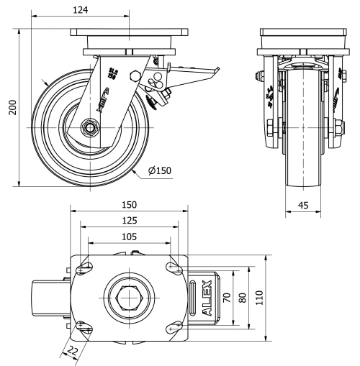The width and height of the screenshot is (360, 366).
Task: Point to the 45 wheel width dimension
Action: [x=303, y=206]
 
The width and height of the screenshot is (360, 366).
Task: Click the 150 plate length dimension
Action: [x=130, y=203]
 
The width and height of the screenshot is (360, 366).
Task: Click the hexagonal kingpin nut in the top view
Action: [x=130, y=297]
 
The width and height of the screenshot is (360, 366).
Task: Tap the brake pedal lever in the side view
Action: [x=194, y=71]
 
